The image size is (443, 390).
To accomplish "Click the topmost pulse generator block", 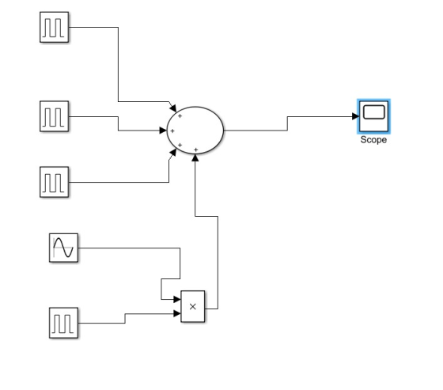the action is click(x=55, y=27).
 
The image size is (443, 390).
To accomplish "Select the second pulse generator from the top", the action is click(x=55, y=116).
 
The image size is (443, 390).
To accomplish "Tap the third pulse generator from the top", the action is click(x=55, y=182).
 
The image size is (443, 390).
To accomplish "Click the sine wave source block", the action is click(x=63, y=248).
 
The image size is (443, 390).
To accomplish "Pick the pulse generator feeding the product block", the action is click(x=63, y=323).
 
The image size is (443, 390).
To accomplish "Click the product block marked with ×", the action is click(x=193, y=306).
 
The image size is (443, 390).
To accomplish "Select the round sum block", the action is click(x=195, y=131).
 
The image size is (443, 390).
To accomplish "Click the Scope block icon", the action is click(x=373, y=116).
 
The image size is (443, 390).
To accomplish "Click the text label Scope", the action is click(x=373, y=140).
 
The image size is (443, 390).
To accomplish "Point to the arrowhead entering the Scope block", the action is click(x=356, y=116).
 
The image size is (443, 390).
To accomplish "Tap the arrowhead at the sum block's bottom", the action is click(x=195, y=157).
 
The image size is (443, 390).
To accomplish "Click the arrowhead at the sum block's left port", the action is click(x=163, y=131).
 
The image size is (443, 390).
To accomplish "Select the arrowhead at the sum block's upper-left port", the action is click(x=173, y=108).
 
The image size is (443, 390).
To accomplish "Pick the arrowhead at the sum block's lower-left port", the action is click(x=173, y=153).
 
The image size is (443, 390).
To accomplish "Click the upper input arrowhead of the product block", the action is click(x=177, y=299).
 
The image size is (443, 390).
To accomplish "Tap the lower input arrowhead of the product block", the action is click(x=177, y=313).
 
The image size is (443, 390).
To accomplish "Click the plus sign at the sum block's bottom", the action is click(x=196, y=150).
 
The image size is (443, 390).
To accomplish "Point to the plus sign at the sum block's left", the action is click(x=172, y=131).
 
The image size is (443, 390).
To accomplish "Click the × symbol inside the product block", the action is click(x=193, y=306).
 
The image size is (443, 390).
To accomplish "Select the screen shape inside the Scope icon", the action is click(x=373, y=112).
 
